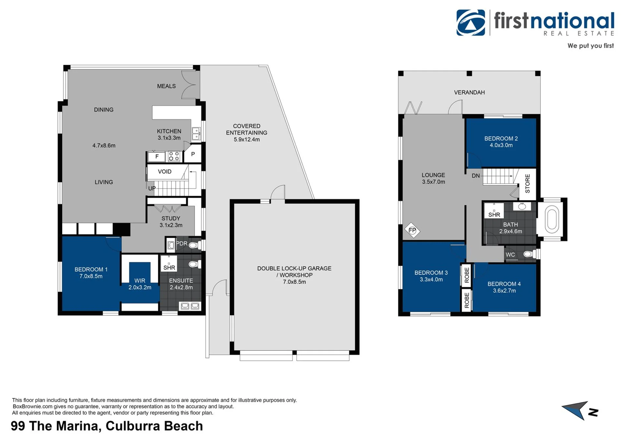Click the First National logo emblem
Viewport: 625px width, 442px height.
coord(471,22)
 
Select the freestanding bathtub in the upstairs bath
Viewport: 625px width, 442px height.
coord(551,221)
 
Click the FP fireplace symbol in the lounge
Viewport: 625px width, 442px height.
coord(412,230)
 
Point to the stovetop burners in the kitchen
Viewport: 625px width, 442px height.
coord(174,156)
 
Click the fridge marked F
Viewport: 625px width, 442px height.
coord(157,157)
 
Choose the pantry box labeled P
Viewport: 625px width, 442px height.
coord(193,154)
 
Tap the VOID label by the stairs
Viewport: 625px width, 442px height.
coord(164,172)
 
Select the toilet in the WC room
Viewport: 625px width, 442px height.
coord(529,254)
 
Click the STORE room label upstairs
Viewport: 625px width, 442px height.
coord(528,183)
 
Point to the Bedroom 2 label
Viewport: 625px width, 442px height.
coord(501,138)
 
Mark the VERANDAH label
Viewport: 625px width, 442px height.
coord(469,93)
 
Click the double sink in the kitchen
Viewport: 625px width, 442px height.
coord(196,134)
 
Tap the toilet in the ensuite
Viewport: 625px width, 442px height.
coord(193,264)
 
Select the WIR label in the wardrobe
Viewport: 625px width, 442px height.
coord(140,280)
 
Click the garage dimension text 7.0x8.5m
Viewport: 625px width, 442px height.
coord(294,282)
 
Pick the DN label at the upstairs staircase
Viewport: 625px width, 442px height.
coord(476,176)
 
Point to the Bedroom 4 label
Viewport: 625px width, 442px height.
coord(504,284)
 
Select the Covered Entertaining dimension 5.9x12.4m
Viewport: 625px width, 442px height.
coord(247,140)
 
